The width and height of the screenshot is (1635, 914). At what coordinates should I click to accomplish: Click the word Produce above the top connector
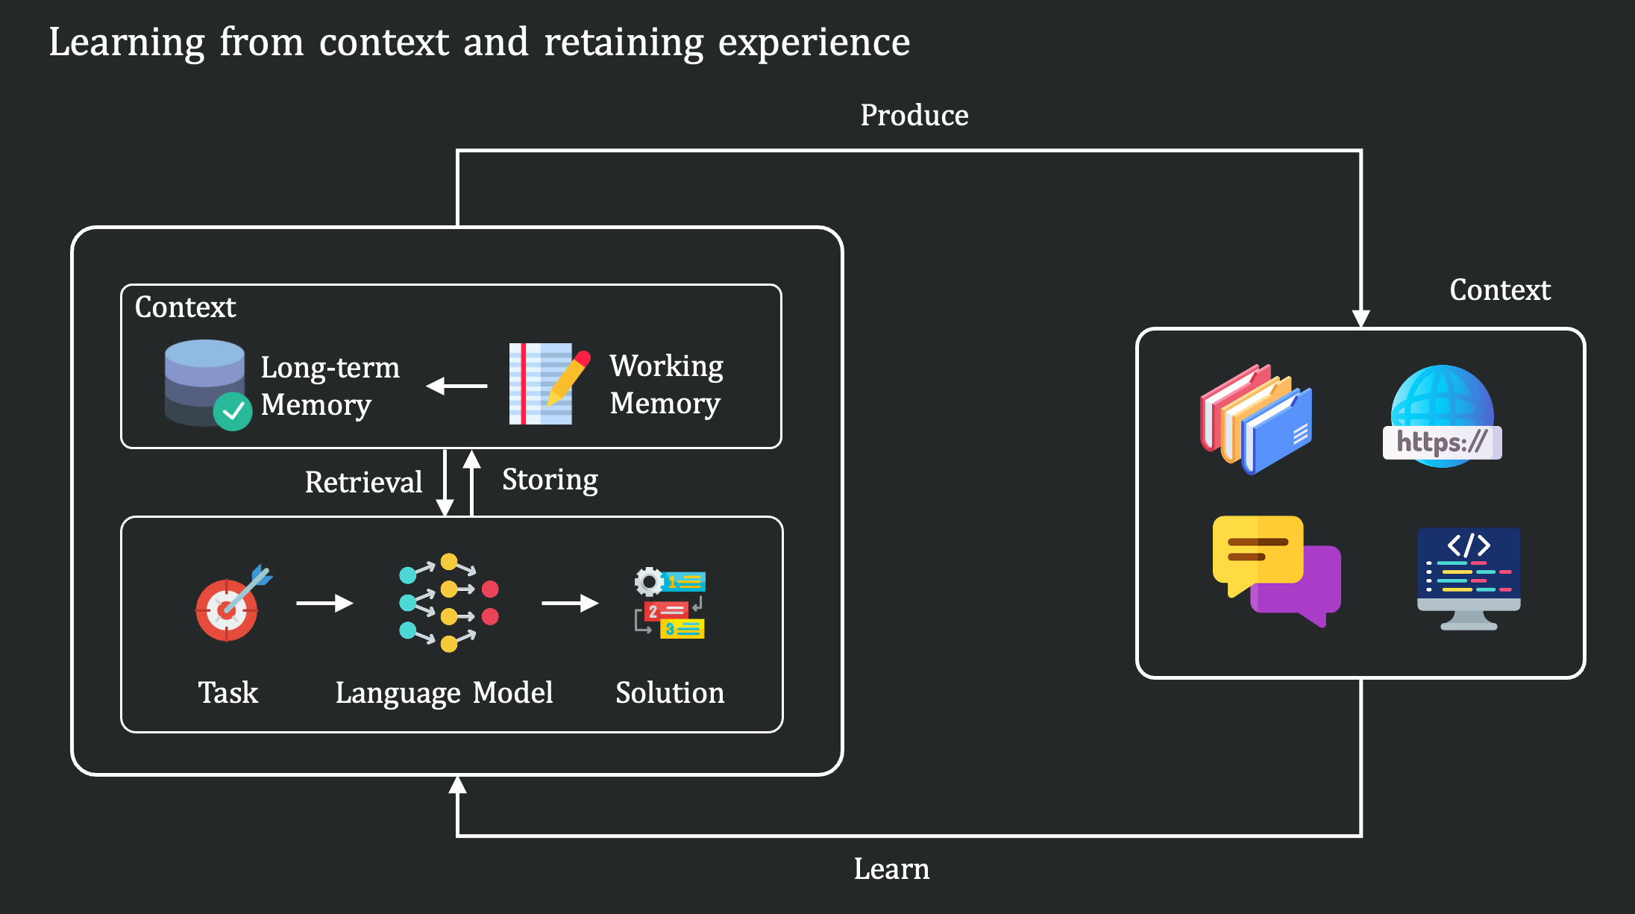(914, 116)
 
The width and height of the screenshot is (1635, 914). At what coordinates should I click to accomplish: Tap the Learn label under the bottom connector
(891, 869)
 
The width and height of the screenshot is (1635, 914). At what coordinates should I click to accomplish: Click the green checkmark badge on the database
(233, 411)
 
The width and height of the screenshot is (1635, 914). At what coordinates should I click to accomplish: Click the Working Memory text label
(666, 384)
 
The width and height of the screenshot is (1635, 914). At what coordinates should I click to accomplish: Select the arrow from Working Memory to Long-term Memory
(456, 386)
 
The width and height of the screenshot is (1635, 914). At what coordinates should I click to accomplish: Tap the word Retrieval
(363, 482)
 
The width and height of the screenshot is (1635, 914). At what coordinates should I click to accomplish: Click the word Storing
(550, 480)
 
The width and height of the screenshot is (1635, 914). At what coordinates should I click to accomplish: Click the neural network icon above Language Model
(448, 603)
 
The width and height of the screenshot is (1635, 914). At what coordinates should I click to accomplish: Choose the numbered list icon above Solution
(670, 604)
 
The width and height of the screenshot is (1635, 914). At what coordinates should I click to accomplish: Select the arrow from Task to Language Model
(324, 603)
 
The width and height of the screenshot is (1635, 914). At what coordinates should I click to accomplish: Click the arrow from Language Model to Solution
(570, 603)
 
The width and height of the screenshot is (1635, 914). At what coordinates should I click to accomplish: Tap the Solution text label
(669, 693)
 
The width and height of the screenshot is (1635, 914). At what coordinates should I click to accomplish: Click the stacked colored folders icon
(1255, 419)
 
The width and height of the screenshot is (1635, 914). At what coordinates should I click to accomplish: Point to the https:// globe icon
(1442, 418)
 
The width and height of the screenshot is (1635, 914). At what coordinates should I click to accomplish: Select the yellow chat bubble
(1258, 551)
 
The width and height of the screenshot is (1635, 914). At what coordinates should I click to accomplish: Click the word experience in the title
(814, 43)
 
